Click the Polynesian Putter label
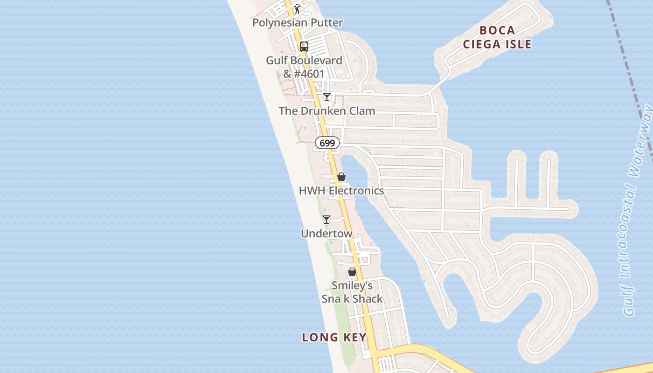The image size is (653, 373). point(298,22)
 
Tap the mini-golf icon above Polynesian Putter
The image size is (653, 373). point(297,8)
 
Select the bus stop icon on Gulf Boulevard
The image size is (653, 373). point(304,46)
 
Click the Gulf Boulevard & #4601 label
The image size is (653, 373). point(304,67)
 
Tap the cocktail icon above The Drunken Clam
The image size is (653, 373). point(327,97)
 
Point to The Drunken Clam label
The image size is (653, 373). point(327,111)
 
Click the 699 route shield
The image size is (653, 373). point(327,143)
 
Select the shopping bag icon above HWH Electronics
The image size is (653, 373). point(341,177)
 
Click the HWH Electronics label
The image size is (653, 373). point(341,191)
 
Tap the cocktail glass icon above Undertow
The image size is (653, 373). point(326,219)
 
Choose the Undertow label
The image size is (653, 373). point(326,233)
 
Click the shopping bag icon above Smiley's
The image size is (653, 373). point(352,272)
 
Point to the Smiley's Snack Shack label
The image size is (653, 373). point(352,292)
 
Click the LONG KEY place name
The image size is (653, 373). point(334,337)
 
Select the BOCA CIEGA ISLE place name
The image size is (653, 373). point(498,37)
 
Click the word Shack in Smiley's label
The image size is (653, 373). point(367,299)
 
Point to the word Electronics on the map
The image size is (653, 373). point(356,191)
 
